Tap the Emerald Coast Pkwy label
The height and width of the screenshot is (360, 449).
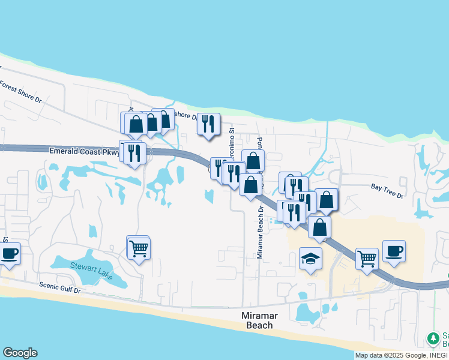click(83, 152)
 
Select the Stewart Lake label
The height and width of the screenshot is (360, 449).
click(91, 269)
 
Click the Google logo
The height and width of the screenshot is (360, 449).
click(20, 353)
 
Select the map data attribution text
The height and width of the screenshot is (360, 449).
click(390, 355)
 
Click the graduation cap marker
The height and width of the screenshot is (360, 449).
click(310, 259)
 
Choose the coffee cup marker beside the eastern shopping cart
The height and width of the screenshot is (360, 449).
click(394, 251)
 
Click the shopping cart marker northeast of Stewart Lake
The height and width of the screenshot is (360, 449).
click(139, 248)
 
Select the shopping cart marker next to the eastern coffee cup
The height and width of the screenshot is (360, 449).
click(367, 259)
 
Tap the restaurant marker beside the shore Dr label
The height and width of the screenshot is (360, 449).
click(208, 124)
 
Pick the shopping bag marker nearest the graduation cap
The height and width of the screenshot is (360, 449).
click(320, 227)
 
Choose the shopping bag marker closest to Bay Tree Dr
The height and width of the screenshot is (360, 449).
click(327, 200)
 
